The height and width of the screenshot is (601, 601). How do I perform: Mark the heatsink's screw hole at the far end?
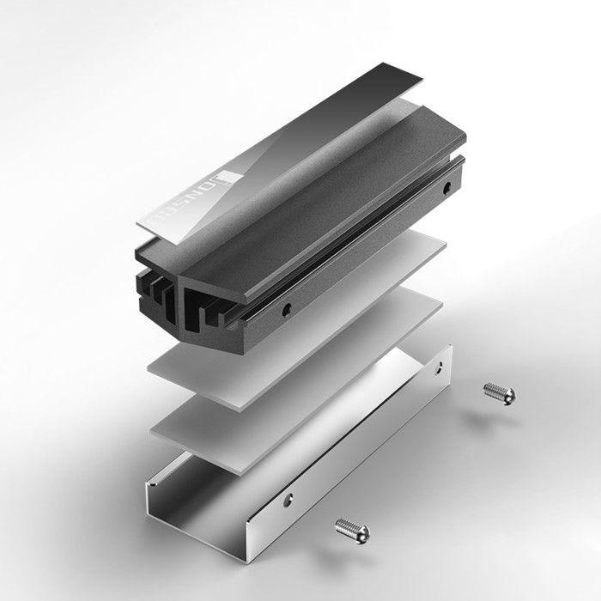coord(446,185)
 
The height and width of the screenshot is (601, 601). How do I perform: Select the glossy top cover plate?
coord(283,146)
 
